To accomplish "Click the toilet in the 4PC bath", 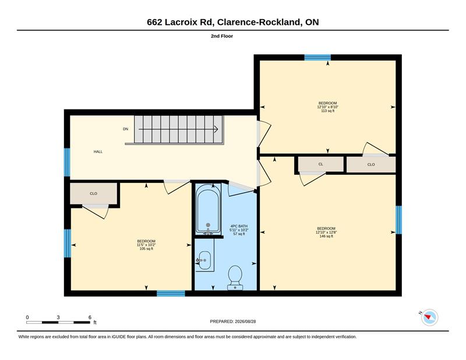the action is click(235, 277).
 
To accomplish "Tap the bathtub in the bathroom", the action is click(209, 210).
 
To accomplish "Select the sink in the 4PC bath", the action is click(204, 260).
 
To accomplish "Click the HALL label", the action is click(98, 151).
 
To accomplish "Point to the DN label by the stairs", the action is click(126, 129).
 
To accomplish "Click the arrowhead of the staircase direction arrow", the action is click(216, 129).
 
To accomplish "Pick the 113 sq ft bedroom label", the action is click(328, 107).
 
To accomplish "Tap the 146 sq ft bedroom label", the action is click(326, 232).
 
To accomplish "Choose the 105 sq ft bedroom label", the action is click(146, 245).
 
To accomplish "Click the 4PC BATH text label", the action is click(239, 226).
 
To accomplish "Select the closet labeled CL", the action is click(321, 164).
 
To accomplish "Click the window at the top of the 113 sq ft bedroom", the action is click(317, 57).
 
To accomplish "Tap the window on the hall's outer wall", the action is click(67, 163).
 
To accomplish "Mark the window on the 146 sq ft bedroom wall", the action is click(398, 220).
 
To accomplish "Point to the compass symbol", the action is click(429, 317).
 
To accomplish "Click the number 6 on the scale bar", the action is click(90, 317).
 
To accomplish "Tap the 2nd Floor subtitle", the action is click(222, 36).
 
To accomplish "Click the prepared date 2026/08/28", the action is click(245, 322).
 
